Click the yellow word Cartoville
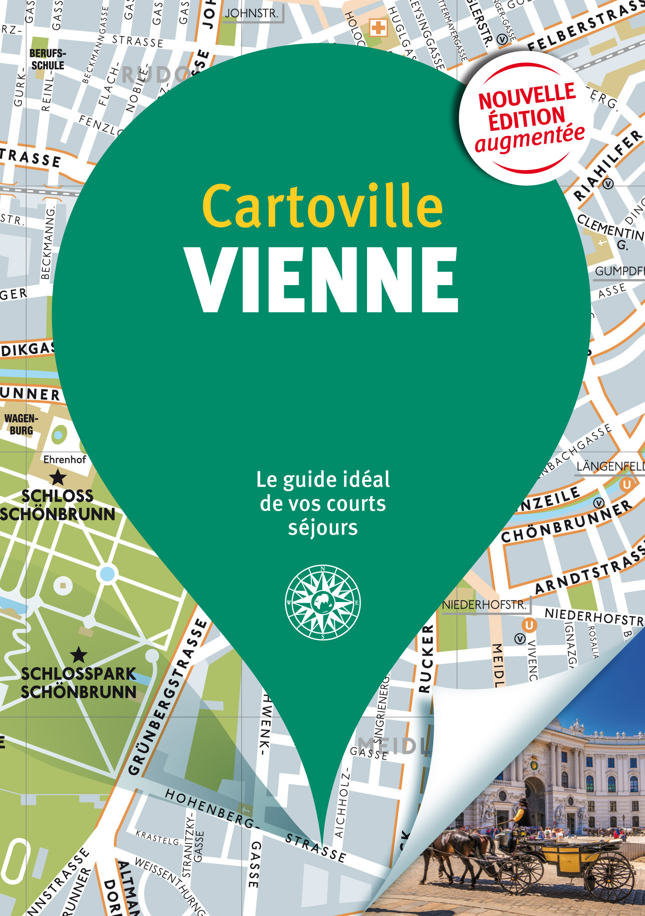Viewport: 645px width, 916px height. (x=322, y=206)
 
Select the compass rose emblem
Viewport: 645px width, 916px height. (x=323, y=602)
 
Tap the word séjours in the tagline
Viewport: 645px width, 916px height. (x=323, y=528)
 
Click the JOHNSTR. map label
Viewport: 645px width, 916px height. (x=252, y=14)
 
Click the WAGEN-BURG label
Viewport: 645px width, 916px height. (x=21, y=424)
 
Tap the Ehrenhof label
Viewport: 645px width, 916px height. (x=64, y=459)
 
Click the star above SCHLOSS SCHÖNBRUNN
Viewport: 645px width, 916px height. (x=58, y=478)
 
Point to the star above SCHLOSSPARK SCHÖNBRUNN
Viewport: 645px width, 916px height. (x=79, y=655)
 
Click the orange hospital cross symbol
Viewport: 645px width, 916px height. (x=378, y=28)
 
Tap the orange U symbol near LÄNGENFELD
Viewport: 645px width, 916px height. (x=627, y=484)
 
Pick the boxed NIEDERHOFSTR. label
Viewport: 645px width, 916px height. (x=484, y=605)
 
